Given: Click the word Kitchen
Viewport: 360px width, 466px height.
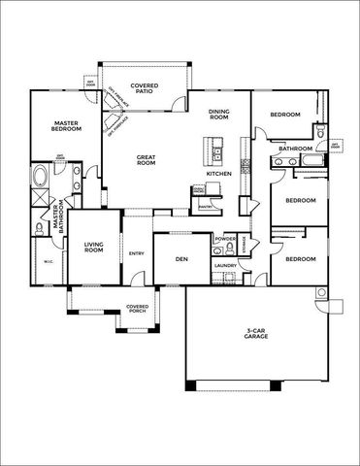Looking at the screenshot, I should pyautogui.click(x=219, y=173).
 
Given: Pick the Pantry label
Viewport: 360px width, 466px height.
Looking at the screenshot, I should pyautogui.click(x=206, y=206).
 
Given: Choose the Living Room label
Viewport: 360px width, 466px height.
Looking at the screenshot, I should pyautogui.click(x=94, y=248).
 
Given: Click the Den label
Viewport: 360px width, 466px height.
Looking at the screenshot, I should pyautogui.click(x=180, y=259).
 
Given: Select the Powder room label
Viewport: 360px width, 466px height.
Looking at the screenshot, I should pyautogui.click(x=225, y=238).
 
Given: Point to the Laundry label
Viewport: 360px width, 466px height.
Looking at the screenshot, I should pyautogui.click(x=226, y=265).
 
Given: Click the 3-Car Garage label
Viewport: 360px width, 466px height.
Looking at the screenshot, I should pyautogui.click(x=256, y=333).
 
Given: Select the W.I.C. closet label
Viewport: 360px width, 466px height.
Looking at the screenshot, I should pyautogui.click(x=48, y=261).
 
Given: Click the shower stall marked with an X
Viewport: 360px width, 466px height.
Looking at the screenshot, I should pyautogui.click(x=41, y=200).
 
